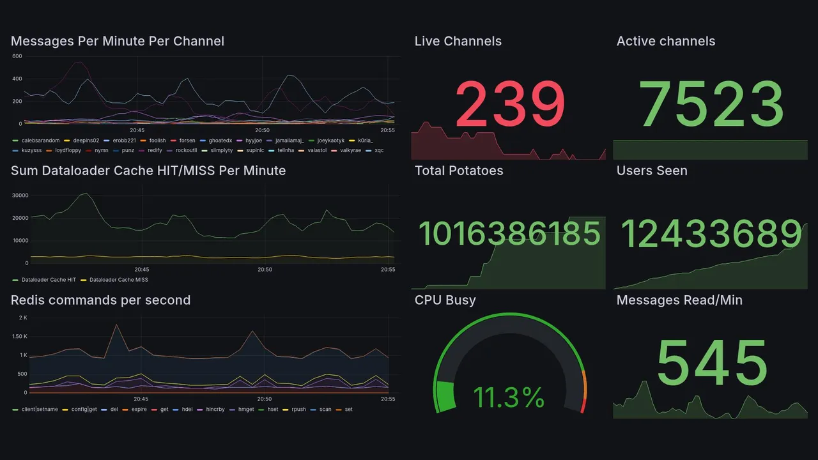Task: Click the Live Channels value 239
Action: pos(510,103)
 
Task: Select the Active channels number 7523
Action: pos(711,103)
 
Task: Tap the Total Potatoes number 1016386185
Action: pos(509,234)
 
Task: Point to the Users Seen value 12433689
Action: pos(711,234)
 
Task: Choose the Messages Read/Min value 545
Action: pos(711,363)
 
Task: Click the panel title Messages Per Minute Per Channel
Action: pos(118,42)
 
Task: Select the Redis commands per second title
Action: pos(100,300)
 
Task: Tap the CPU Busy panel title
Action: pos(445,300)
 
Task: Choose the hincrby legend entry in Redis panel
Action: pos(214,410)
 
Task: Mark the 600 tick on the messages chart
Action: pos(17,56)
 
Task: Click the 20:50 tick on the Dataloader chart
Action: pos(265,270)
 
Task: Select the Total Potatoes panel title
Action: pos(459,171)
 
